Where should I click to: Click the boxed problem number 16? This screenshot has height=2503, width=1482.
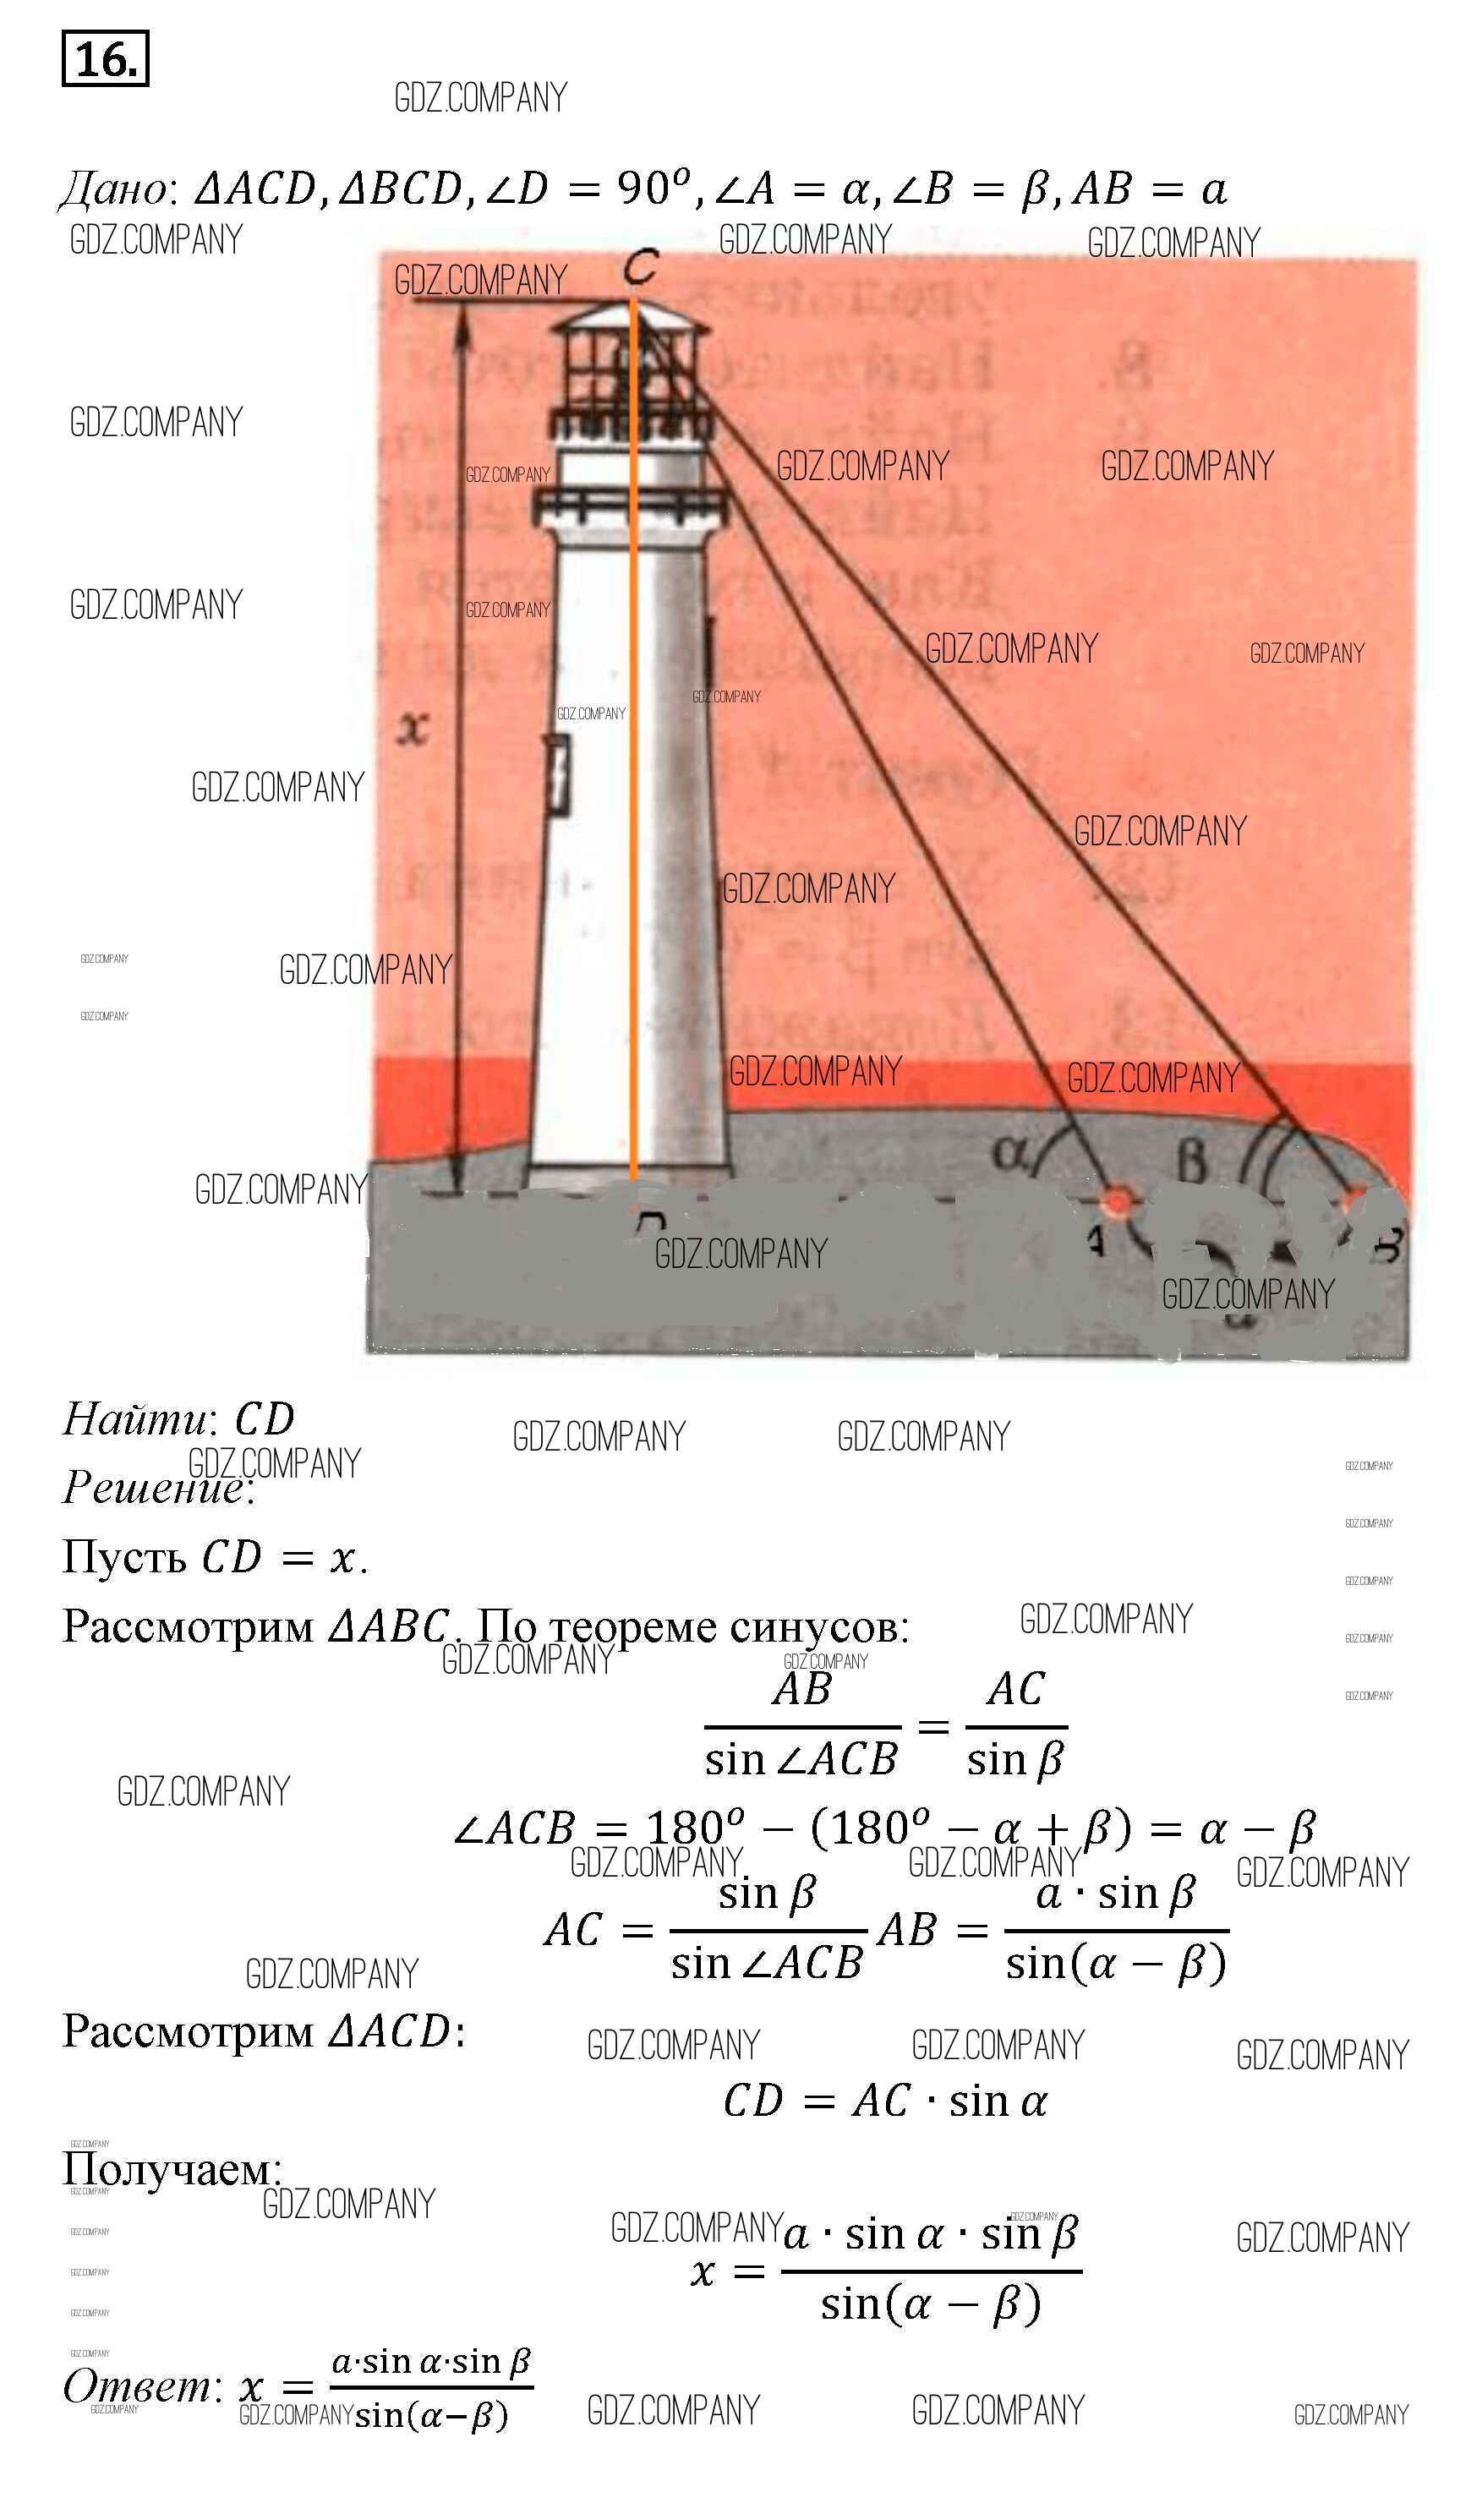pos(105,59)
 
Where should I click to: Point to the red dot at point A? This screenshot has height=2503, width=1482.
pos(1118,1200)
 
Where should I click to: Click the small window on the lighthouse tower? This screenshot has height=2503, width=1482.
pos(557,773)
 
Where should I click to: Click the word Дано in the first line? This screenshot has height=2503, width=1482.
pos(115,189)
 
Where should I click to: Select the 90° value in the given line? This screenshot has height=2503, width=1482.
pos(654,187)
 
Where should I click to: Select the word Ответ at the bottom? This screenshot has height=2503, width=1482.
pos(137,2387)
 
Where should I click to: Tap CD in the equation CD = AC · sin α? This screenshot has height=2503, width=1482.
pos(754,2101)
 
